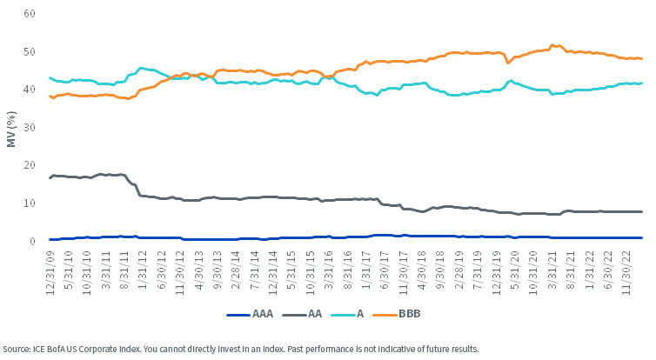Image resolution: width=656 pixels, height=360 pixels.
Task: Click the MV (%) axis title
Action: tap(11, 127)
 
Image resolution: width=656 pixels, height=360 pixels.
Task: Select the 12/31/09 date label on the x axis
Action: tap(51, 270)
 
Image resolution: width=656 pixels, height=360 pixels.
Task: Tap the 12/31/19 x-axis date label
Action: tap(497, 270)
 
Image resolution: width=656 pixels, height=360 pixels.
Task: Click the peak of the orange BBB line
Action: tap(552, 44)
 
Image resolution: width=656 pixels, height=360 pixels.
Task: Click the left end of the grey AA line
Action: tap(49, 177)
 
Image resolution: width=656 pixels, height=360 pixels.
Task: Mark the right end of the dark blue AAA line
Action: tap(642, 237)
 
